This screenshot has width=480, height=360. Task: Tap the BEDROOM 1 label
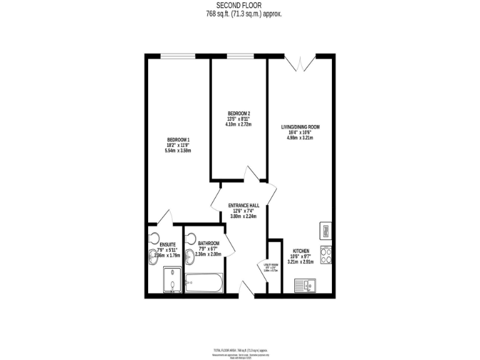tap(177, 139)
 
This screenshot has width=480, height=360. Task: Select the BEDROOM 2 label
tap(238, 112)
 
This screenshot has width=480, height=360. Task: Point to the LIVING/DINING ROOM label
tap(300, 127)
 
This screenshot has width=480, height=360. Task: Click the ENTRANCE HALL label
tap(244, 205)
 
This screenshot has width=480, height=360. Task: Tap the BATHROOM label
tap(209, 243)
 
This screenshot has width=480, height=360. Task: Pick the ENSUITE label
tap(167, 244)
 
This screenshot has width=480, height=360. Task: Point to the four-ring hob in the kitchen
tap(326, 254)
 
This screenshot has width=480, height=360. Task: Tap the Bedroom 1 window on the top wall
tap(178, 56)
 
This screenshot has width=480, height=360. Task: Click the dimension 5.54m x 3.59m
tap(177, 151)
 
